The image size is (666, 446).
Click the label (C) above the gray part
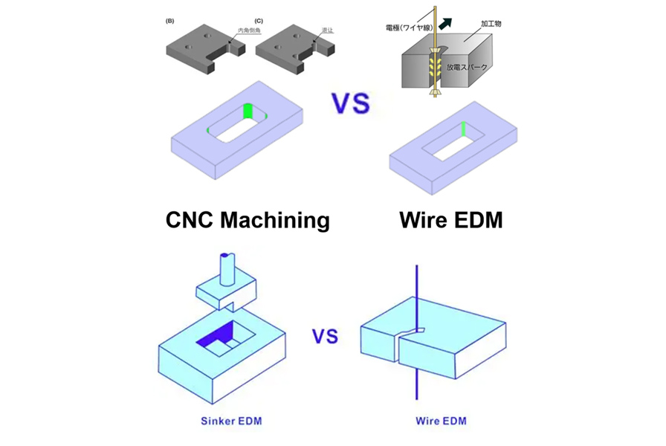pos(259,20)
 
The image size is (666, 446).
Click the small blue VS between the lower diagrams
pos(325,337)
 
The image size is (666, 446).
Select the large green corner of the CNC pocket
pos(249,111)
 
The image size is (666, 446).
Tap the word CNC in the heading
pos(185,219)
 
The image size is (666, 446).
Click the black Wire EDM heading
pos(450,219)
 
